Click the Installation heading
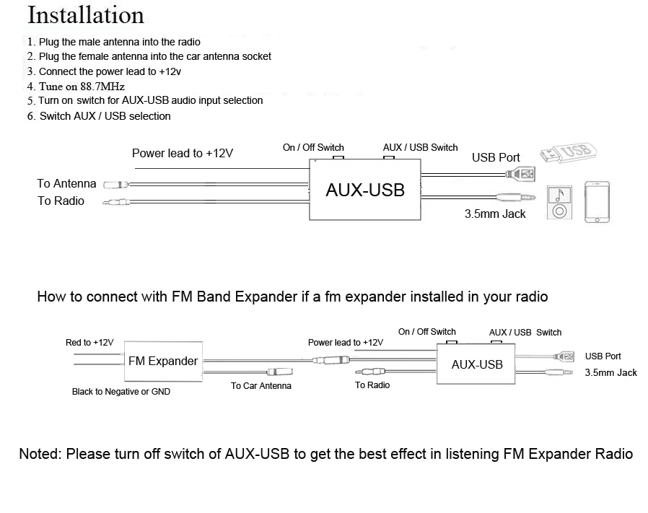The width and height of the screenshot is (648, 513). click(x=86, y=15)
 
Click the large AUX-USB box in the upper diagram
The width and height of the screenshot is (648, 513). click(x=364, y=190)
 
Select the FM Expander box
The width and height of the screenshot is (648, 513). click(x=162, y=361)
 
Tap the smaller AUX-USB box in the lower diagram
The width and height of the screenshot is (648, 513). click(x=476, y=364)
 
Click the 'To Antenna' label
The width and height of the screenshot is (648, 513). click(x=66, y=184)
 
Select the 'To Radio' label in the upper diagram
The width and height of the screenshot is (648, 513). click(x=61, y=201)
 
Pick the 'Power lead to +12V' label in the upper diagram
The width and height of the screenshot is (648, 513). click(x=182, y=153)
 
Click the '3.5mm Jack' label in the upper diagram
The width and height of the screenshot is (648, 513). click(x=495, y=214)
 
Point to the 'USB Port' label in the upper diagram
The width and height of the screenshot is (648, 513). click(x=496, y=157)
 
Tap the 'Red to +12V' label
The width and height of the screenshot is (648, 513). click(x=89, y=342)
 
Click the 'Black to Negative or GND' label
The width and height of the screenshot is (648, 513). click(x=121, y=392)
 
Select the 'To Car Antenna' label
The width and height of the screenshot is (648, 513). click(x=261, y=386)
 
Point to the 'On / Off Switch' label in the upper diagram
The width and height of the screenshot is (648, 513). click(x=313, y=147)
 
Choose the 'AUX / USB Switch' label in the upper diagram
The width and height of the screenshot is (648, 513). click(x=420, y=147)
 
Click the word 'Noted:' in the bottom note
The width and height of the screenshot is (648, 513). click(x=40, y=454)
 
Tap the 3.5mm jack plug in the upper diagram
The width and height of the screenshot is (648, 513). click(x=517, y=196)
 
